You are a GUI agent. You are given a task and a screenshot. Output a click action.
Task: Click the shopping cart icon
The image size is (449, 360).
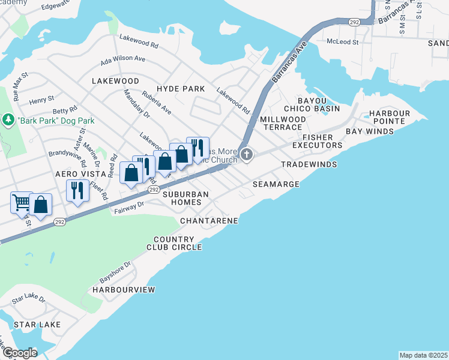click(x=22, y=203)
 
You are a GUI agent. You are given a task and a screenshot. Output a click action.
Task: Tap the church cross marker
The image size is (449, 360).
click(x=246, y=155)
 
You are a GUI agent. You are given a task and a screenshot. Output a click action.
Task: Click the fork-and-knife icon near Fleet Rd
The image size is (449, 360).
click(x=77, y=191)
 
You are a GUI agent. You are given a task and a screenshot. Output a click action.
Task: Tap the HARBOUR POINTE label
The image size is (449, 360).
click(x=389, y=117)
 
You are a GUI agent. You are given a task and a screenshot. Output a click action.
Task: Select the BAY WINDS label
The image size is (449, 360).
click(x=370, y=131)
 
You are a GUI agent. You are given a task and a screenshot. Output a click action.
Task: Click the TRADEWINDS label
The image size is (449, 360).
click(x=309, y=164)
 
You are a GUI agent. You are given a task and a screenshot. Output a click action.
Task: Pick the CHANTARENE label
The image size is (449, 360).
click(x=209, y=221)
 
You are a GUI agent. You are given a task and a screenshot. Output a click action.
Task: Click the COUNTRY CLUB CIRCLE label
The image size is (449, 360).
click(x=178, y=243)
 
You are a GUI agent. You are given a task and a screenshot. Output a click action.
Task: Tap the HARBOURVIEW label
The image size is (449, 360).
click(x=124, y=290)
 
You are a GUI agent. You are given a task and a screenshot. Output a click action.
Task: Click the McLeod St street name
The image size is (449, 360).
click(x=342, y=43)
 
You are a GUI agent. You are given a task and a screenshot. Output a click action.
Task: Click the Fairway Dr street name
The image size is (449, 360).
click(x=128, y=205)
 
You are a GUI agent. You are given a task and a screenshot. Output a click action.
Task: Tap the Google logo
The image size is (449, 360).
click(x=20, y=353)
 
